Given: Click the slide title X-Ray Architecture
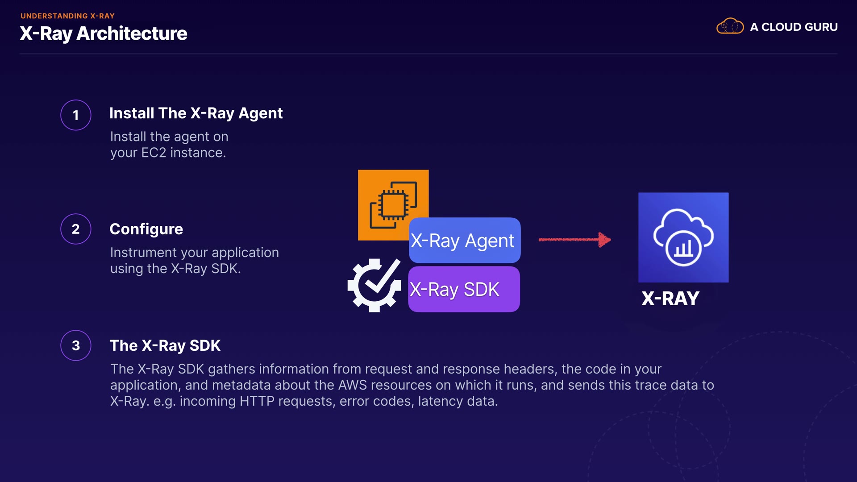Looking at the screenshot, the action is [103, 33].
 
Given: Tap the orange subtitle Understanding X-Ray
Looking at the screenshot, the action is [67, 16].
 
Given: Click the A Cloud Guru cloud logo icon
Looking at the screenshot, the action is [730, 26].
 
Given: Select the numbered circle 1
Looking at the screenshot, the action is [76, 115].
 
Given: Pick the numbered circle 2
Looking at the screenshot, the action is [76, 229].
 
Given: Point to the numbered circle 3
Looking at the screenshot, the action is [76, 345].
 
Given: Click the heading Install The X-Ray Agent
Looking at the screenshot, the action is [196, 113].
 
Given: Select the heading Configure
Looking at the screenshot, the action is [146, 229].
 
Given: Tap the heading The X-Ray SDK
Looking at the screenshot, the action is [165, 345].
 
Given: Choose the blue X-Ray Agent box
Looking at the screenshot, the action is [464, 241].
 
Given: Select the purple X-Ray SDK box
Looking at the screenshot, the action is [464, 289].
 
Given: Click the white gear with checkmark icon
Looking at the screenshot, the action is [374, 285].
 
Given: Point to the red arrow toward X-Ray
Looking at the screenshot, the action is [574, 240].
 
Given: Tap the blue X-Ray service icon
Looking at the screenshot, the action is [683, 237].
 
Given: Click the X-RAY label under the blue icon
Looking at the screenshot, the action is [670, 299].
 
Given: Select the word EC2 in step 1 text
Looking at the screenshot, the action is [154, 153].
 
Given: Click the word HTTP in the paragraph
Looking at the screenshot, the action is [257, 401].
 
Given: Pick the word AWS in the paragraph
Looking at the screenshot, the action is [352, 385].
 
